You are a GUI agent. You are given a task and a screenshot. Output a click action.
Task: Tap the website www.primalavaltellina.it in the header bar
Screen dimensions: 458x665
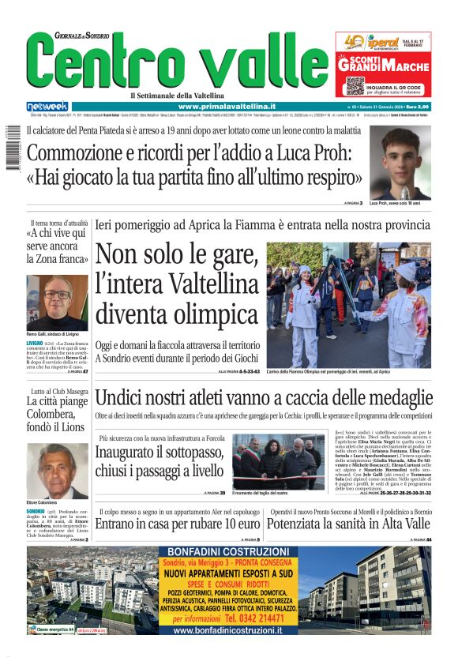tap(227, 106)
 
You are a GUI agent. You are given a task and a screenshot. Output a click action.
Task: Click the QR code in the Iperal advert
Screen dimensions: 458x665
tap(354, 85)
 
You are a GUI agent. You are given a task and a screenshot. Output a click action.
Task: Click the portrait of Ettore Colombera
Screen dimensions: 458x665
tap(57, 472)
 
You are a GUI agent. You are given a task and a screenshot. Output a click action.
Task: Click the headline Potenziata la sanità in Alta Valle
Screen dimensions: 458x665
tap(348, 524)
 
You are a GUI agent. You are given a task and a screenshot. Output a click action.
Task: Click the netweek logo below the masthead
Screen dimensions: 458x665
tap(48, 106)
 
